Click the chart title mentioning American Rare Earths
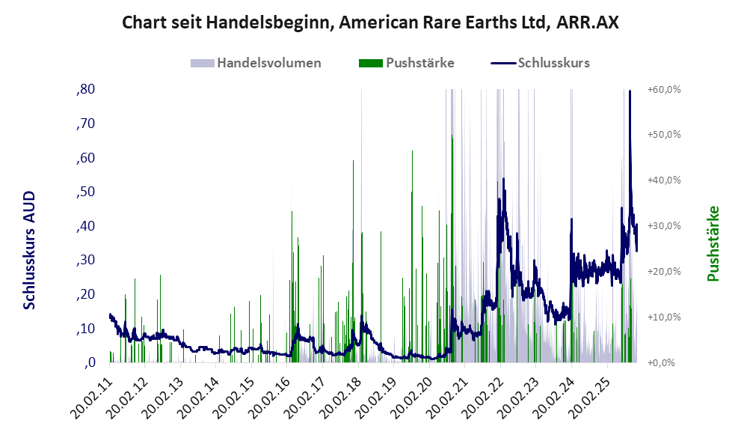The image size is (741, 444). point(370,22)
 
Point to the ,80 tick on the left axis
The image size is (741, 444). point(85,90)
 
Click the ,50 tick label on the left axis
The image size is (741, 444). point(85,192)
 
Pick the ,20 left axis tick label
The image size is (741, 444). point(85,294)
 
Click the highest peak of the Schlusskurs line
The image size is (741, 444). point(630,91)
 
